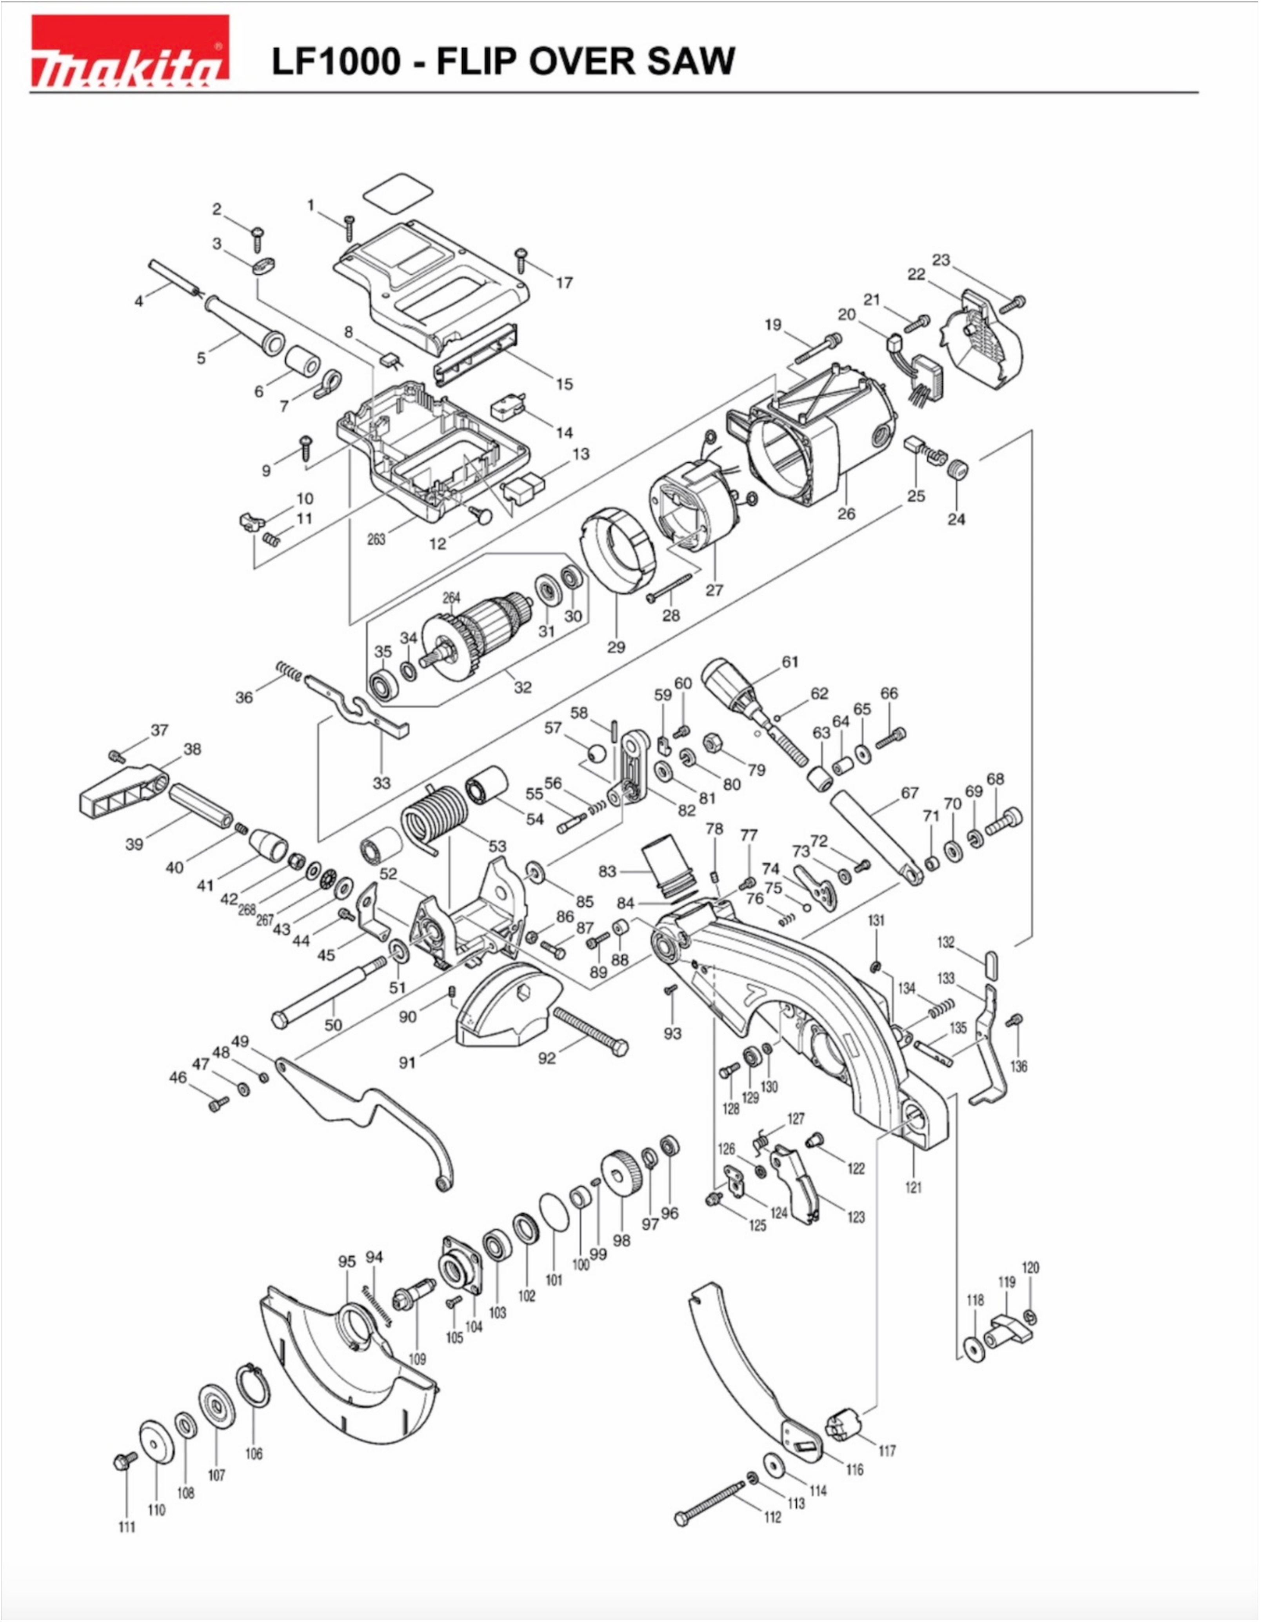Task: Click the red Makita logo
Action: (x=129, y=51)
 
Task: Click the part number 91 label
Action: (x=407, y=1063)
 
